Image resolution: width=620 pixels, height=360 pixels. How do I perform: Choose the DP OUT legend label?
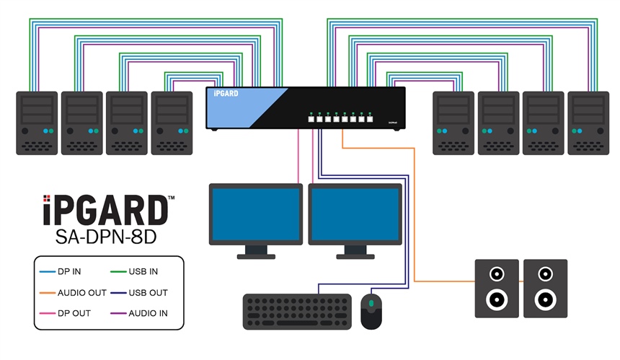point(72,315)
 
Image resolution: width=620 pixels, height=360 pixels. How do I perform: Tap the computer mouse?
point(371,311)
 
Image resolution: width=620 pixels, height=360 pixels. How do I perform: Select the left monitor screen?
point(256,214)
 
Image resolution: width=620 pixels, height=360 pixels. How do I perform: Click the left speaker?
point(496,289)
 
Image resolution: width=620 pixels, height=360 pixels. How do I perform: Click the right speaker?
point(545,289)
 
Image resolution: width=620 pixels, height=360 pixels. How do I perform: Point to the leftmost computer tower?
point(37,123)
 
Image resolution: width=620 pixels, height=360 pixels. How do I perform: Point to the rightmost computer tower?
point(588,123)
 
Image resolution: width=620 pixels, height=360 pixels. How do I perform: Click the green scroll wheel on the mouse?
point(371,304)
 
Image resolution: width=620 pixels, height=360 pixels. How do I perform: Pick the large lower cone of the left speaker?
point(496,299)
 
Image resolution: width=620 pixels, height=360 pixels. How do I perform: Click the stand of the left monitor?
point(256,252)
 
